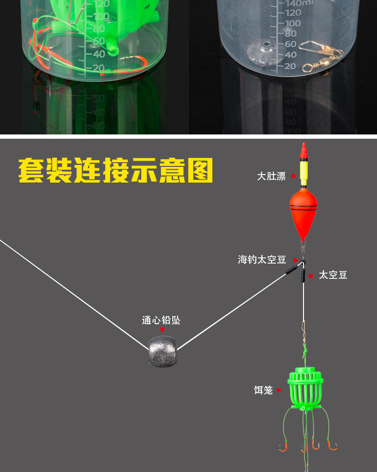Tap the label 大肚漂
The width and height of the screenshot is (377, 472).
click(x=271, y=176)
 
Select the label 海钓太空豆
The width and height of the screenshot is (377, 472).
click(x=262, y=260)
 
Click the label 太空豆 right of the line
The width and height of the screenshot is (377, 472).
click(x=333, y=275)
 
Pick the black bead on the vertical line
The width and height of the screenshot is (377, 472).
click(x=303, y=276)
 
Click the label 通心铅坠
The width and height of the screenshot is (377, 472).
click(x=161, y=320)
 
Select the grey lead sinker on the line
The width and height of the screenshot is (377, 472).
click(x=162, y=350)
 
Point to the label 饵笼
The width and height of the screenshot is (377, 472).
click(x=263, y=390)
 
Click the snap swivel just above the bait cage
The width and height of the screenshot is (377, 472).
click(x=304, y=328)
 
